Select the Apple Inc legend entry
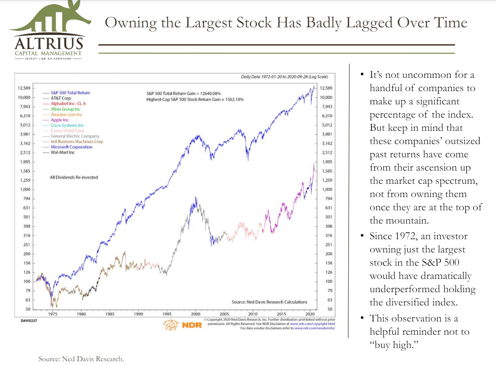coord(59,120)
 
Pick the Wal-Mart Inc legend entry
coord(63,152)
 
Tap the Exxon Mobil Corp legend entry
coord(67,131)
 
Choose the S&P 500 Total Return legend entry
coord(70,93)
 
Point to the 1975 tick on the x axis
coord(52,315)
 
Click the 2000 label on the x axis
coord(196,315)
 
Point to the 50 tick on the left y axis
coord(28,309)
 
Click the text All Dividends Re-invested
coord(74,177)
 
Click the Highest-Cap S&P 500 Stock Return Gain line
coord(195,100)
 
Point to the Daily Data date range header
coord(284,77)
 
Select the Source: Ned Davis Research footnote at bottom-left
coord(81,359)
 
